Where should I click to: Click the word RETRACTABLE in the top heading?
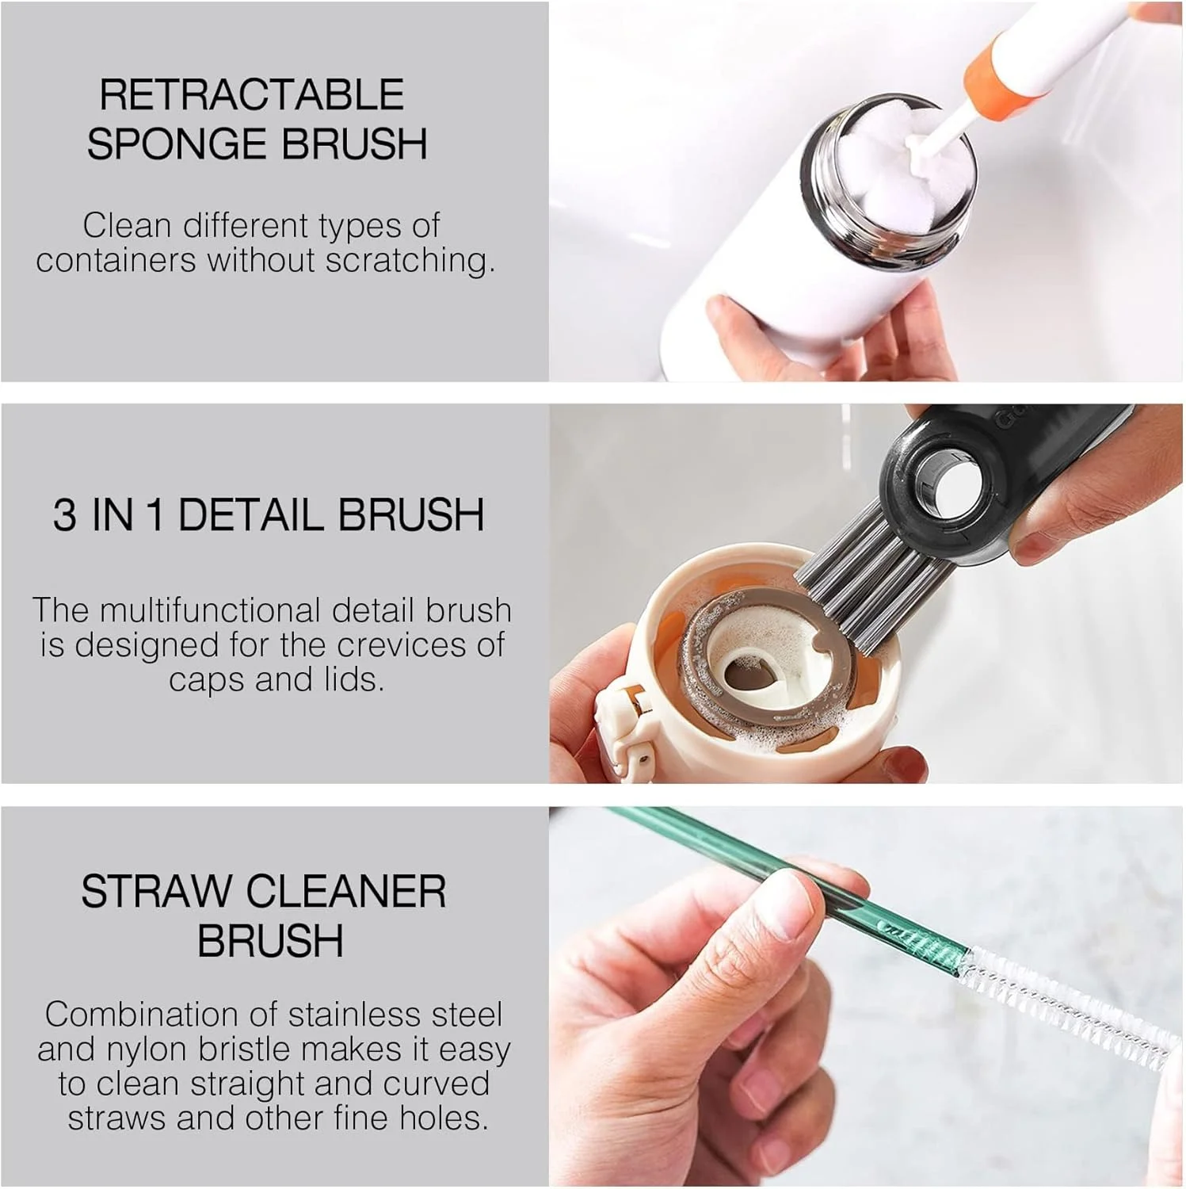pyautogui.click(x=252, y=94)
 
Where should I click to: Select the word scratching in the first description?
pyautogui.click(x=410, y=260)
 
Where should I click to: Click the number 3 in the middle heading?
pyautogui.click(x=65, y=514)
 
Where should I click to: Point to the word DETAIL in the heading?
pyautogui.click(x=252, y=514)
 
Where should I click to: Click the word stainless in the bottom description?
pyautogui.click(x=353, y=1014)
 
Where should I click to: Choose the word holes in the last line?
pyautogui.click(x=443, y=1118)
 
